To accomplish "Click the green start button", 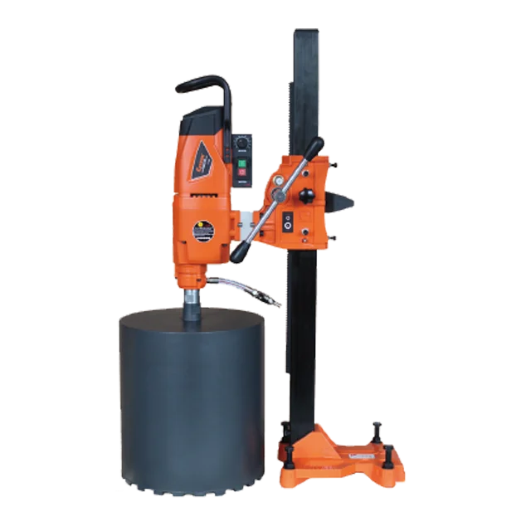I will point(241,163).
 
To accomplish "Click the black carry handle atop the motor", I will point(203,85).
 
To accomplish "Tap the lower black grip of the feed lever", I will point(239,251).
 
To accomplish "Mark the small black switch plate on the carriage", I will point(287,222).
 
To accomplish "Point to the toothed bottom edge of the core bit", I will point(191,487).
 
